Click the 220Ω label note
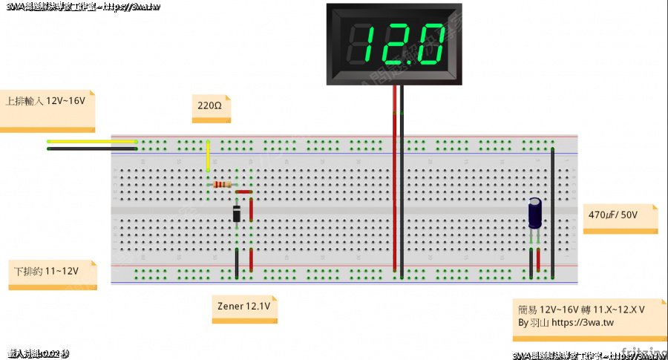pos(210,107)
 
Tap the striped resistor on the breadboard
pos(223,184)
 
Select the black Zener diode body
pos(236,214)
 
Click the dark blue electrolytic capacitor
pos(535,212)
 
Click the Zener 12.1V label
pos(243,306)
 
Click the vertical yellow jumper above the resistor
pos(208,156)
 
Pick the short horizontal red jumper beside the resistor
pos(243,192)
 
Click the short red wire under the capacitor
pos(538,260)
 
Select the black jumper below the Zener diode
pos(237,264)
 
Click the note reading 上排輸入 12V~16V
pos(46,101)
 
